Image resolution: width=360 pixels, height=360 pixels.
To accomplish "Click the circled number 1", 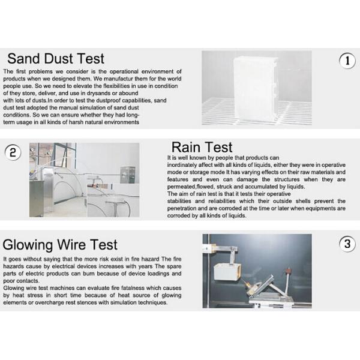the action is click(347, 61).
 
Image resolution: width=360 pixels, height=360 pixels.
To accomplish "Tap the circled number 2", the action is click(13, 152).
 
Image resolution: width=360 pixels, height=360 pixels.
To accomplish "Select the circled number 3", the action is click(347, 244).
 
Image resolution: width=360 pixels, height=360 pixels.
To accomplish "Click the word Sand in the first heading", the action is click(24, 58).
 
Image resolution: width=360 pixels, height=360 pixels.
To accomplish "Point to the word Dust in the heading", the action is click(58, 58).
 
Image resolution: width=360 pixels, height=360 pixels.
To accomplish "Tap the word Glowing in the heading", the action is click(28, 245).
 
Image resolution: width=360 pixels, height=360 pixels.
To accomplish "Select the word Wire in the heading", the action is click(71, 244).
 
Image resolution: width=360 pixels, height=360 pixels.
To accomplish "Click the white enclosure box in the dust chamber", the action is click(256, 89).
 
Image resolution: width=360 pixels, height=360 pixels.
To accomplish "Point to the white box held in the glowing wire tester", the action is click(227, 272).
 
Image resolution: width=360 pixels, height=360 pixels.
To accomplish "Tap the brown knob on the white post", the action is click(288, 272).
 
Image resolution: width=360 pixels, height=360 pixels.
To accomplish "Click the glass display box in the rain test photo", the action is click(127, 175).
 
